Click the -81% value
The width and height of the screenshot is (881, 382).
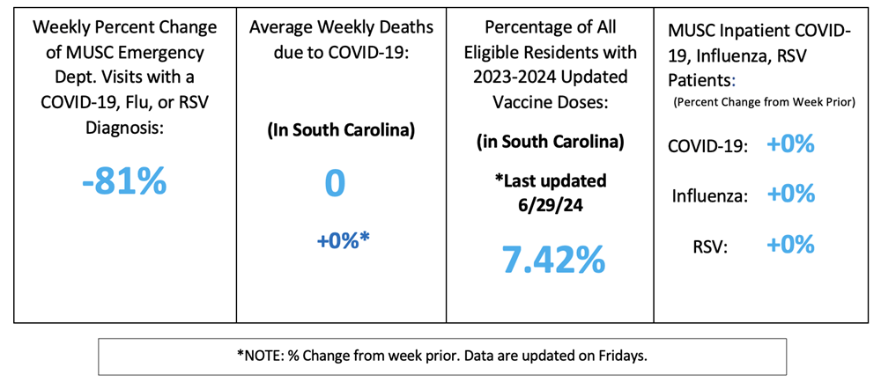click(x=123, y=181)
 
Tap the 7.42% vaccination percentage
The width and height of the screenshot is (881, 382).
click(x=553, y=258)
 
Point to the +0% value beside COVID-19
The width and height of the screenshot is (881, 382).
click(x=790, y=144)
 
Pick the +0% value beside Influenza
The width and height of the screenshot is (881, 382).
click(x=790, y=195)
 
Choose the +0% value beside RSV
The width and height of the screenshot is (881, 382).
click(x=790, y=245)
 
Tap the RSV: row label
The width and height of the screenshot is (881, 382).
click(x=710, y=246)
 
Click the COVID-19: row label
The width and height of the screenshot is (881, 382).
click(x=708, y=146)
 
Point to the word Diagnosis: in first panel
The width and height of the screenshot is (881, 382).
click(x=123, y=127)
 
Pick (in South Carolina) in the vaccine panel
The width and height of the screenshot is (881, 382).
click(x=550, y=141)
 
